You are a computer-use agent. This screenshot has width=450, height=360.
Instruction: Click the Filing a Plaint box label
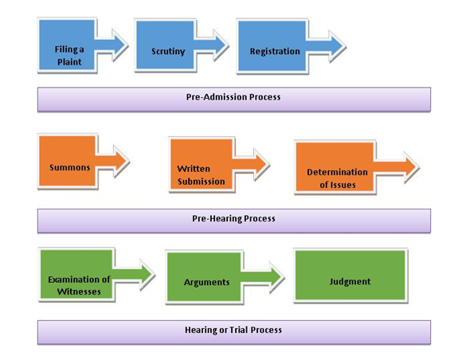69,56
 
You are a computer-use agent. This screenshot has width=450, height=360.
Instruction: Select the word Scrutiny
168,52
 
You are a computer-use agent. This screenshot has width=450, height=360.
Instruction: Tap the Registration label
275,52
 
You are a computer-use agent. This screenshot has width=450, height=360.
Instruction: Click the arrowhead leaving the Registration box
337,46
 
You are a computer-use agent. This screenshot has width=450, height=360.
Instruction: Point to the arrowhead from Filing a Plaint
119,45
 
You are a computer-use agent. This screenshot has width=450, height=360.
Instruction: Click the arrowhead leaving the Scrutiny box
220,45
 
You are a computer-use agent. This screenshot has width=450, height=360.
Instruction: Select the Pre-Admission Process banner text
233,97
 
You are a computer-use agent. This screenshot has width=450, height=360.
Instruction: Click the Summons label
70,167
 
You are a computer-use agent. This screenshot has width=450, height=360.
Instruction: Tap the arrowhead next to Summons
121,162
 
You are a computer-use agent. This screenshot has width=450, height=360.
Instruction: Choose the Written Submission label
201,175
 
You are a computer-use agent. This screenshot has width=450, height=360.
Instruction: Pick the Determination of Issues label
337,178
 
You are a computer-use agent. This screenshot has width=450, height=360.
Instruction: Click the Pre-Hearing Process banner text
233,219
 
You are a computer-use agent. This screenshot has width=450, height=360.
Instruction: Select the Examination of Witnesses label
79,286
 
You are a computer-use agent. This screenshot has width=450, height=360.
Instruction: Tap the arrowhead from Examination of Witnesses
147,275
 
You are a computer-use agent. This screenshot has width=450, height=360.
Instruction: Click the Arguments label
206,283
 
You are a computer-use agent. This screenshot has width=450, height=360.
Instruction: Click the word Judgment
350,282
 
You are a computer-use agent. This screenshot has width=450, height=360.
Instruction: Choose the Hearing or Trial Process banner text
233,331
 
